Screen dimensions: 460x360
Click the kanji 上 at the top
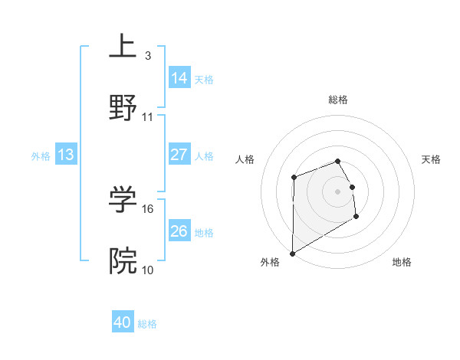click(123, 45)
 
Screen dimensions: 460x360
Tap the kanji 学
click(123, 198)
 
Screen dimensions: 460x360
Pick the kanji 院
click(123, 261)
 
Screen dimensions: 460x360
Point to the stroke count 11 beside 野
click(148, 116)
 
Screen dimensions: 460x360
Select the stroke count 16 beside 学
click(148, 208)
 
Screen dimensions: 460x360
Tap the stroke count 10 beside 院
click(148, 270)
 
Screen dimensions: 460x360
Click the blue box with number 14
click(179, 77)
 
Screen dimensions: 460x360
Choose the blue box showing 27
click(179, 154)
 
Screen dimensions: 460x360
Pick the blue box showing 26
click(179, 231)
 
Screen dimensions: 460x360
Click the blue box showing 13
click(66, 155)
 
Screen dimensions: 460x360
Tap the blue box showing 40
click(123, 322)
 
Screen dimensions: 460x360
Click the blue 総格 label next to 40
click(147, 324)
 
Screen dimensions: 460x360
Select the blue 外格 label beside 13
click(41, 156)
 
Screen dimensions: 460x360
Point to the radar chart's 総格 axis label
click(338, 100)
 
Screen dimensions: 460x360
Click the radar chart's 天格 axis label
click(432, 159)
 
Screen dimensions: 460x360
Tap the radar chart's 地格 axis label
click(402, 262)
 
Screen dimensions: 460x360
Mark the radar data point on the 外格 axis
click(292, 253)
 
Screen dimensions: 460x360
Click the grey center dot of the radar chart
click(337, 191)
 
